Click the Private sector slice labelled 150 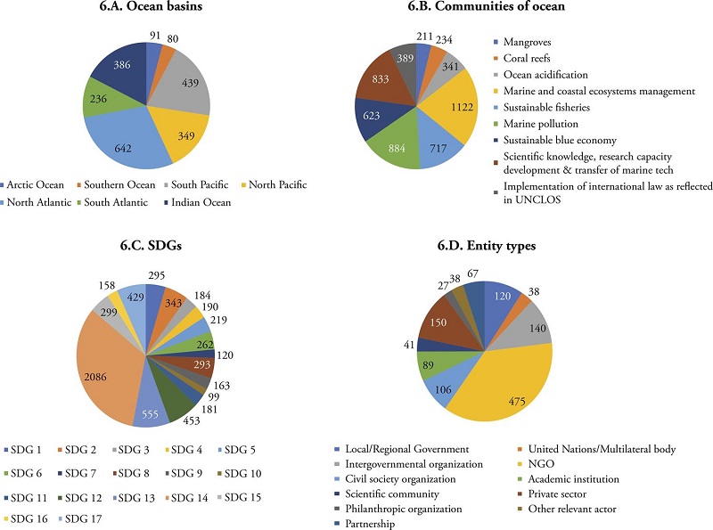438,322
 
